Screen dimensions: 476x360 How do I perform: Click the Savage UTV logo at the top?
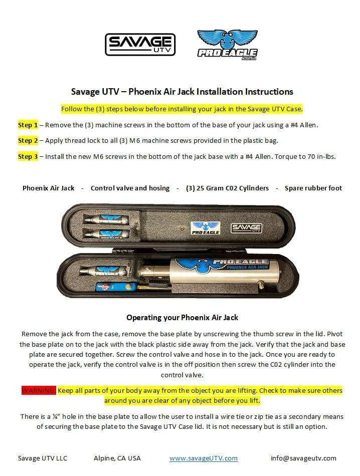tap(140, 44)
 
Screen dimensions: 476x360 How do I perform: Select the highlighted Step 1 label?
tap(28, 125)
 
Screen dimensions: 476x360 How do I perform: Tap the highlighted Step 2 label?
tap(28, 141)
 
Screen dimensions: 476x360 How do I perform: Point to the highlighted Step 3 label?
tap(28, 157)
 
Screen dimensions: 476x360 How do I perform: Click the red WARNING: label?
tap(39, 390)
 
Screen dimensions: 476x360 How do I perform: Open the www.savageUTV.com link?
tap(203, 458)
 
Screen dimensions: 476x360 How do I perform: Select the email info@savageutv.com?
tap(303, 458)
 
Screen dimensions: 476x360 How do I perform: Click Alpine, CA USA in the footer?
tap(117, 458)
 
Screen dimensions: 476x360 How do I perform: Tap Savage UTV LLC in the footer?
tap(43, 458)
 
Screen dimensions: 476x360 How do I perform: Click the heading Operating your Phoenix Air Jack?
tap(182, 318)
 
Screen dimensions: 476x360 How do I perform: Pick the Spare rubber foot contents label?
tap(313, 188)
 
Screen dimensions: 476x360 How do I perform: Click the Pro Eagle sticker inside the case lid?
tap(206, 228)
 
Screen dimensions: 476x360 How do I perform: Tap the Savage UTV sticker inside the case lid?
tap(247, 228)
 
